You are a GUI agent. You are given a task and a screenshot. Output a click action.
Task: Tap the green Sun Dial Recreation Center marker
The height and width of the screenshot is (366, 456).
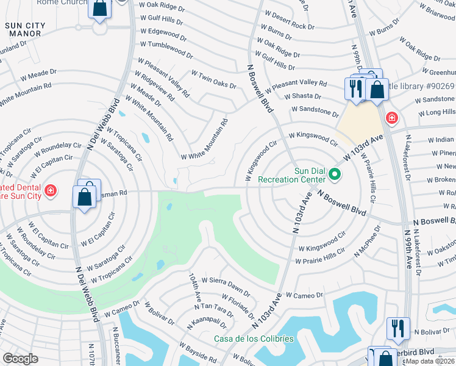[x=334, y=175]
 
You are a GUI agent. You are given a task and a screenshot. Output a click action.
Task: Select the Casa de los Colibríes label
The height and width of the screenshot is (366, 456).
[x=254, y=339]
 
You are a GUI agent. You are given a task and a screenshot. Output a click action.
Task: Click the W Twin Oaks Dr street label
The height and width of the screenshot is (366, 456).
[x=213, y=79]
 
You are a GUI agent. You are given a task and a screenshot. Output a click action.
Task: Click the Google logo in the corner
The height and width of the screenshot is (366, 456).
[x=21, y=358]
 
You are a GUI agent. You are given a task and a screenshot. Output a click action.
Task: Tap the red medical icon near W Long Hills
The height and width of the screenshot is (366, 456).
[x=391, y=117]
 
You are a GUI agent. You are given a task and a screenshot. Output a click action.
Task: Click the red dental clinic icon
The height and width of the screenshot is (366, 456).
[x=50, y=190]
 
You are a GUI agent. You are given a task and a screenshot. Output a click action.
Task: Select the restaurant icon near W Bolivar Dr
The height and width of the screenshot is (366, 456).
[x=397, y=328]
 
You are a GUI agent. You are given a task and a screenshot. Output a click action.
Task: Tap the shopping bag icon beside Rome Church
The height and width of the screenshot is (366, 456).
[x=99, y=9]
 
